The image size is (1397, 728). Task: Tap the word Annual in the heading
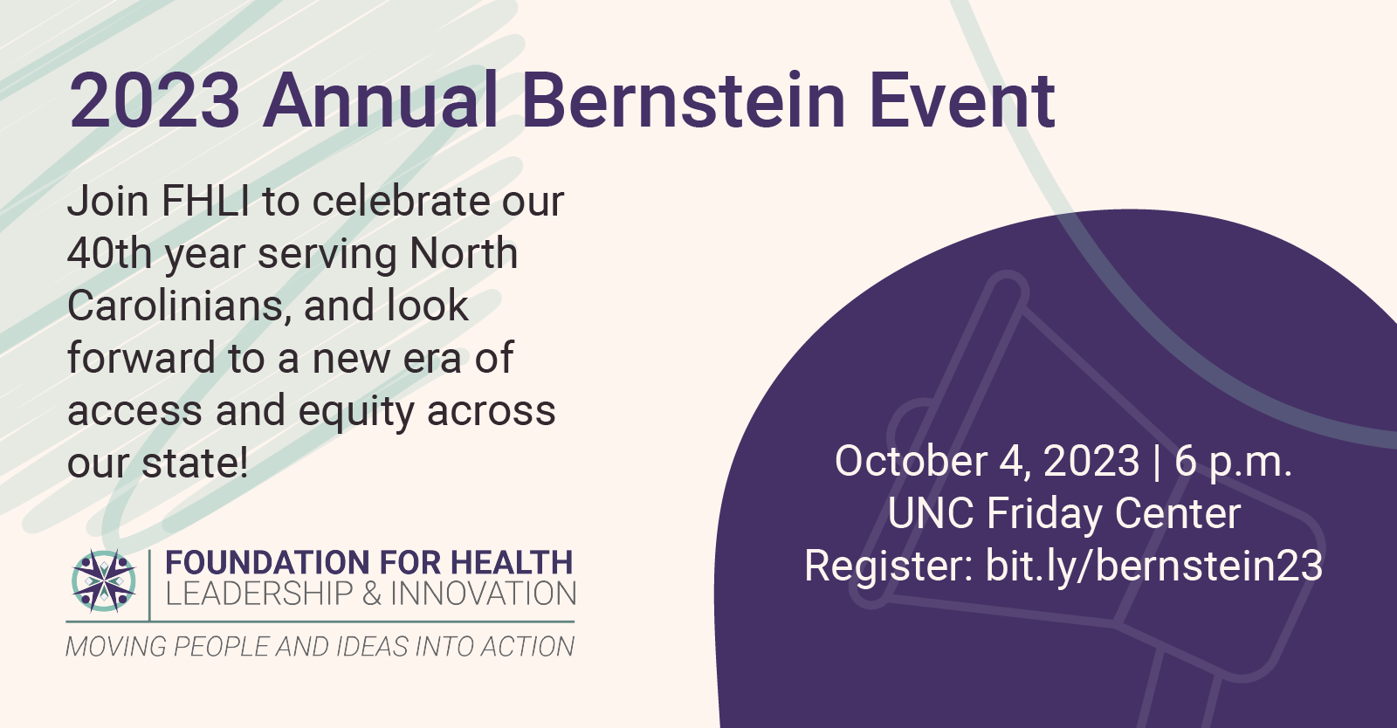point(381,100)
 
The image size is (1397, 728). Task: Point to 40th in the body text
point(109,254)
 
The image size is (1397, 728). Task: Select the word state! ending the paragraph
point(196,464)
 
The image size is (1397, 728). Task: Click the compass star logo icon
point(104,580)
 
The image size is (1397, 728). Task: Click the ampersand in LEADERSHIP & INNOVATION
point(371,594)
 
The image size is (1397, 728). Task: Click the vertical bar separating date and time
point(1158,463)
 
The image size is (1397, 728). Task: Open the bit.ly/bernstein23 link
point(1154,567)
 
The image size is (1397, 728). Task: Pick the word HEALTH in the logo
point(512,562)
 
